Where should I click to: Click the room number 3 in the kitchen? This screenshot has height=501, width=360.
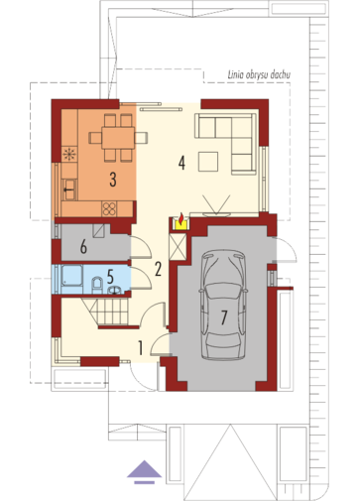pyautogui.click(x=113, y=181)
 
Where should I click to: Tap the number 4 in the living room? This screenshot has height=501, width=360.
pyautogui.click(x=181, y=163)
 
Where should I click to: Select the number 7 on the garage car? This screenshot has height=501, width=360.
pyautogui.click(x=224, y=317)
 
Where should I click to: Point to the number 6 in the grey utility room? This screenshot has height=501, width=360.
pyautogui.click(x=83, y=247)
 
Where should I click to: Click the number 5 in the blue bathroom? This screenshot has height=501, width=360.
pyautogui.click(x=110, y=276)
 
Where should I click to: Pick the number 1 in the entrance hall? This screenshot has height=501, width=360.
pyautogui.click(x=141, y=348)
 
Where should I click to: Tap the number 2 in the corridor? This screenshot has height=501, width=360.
pyautogui.click(x=158, y=269)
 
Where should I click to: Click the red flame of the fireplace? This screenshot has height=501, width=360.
pyautogui.click(x=181, y=217)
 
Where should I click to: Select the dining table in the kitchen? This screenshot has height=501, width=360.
pyautogui.click(x=118, y=138)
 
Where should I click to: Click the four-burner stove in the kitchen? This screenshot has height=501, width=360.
pyautogui.click(x=109, y=208)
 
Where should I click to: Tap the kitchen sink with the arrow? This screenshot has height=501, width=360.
pyautogui.click(x=69, y=189)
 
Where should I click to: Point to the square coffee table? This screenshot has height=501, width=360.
pyautogui.click(x=208, y=162)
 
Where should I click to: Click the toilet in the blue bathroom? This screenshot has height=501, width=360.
pyautogui.click(x=97, y=285)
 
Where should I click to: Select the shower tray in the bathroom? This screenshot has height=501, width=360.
pyautogui.click(x=71, y=275)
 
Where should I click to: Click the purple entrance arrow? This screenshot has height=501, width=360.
pyautogui.click(x=145, y=472)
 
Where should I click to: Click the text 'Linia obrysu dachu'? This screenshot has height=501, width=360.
pyautogui.click(x=259, y=75)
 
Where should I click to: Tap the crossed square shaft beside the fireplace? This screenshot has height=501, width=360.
pyautogui.click(x=178, y=247)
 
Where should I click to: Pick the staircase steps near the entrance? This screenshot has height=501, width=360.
pyautogui.click(x=110, y=311)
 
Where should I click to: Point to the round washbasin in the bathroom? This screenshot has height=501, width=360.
pyautogui.click(x=115, y=291)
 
